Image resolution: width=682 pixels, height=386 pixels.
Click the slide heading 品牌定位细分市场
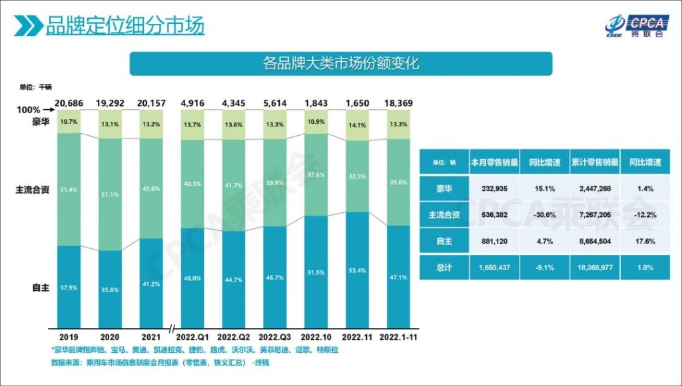coord(125,26)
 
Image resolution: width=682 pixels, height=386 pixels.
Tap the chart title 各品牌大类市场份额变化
coord(340,64)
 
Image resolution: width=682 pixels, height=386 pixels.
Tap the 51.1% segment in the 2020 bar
coord(111,194)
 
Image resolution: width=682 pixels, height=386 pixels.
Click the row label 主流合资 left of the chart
coord(33,190)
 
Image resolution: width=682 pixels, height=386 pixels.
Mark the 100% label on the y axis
coord(29,109)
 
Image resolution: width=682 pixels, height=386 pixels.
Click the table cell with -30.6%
coord(545,214)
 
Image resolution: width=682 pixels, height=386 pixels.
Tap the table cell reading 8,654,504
coord(595,241)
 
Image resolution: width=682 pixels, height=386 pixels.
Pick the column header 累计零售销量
coord(595,162)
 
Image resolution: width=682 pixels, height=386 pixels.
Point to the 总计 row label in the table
coord(444,267)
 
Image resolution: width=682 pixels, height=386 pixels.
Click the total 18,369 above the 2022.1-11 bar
coord(402,103)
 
